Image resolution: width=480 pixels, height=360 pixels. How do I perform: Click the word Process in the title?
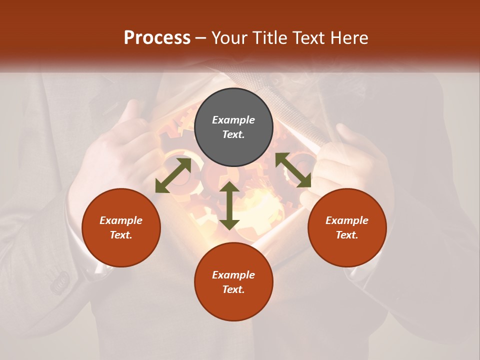pos(157,38)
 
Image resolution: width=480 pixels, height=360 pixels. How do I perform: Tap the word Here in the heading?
pos(348,38)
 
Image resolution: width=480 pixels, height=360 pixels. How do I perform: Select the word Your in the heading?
pos(230,38)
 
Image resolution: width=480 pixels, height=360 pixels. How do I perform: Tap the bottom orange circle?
pos(233,305)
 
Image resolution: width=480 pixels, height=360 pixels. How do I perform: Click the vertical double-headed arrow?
pos(229,205)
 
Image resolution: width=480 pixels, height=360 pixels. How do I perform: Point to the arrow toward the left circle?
pos(173,175)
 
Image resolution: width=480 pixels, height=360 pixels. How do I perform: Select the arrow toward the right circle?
pos(293,170)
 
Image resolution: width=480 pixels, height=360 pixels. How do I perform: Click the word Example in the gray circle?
pos(233,120)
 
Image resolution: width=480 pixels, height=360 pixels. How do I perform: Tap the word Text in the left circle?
pos(121,235)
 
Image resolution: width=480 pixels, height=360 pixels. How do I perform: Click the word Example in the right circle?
pos(347,220)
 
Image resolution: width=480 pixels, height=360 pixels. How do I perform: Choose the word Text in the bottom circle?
pos(233,289)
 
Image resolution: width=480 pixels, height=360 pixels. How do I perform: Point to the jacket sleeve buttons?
pos(60,282)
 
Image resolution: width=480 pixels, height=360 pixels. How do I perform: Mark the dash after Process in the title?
pos(201,38)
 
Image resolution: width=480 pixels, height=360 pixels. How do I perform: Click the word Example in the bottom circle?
pos(233,275)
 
